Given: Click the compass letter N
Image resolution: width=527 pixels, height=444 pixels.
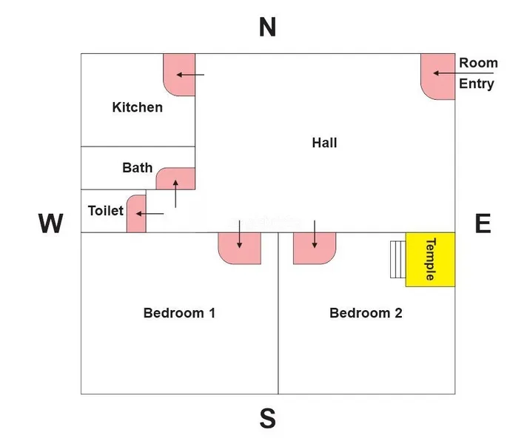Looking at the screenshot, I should pyautogui.click(x=267, y=27).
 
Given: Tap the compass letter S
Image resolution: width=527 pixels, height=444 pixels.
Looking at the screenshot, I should pyautogui.click(x=267, y=420).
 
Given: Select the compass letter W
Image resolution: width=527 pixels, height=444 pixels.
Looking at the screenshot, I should pyautogui.click(x=50, y=223).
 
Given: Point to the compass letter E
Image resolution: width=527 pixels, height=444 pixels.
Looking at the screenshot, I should pyautogui.click(x=483, y=223).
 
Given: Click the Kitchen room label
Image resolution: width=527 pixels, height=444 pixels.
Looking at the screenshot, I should pyautogui.click(x=137, y=107).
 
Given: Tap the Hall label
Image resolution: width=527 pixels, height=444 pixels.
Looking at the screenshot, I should pyautogui.click(x=324, y=143).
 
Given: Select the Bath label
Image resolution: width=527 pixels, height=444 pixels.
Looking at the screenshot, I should pyautogui.click(x=137, y=168).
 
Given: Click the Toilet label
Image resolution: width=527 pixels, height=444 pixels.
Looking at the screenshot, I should pyautogui.click(x=105, y=211).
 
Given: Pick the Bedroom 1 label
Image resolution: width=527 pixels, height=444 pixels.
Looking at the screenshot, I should pyautogui.click(x=179, y=313).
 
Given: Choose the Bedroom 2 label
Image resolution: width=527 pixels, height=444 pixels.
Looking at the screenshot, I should pyautogui.click(x=366, y=313).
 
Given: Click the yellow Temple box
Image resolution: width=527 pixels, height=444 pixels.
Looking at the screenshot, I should pyautogui.click(x=430, y=260).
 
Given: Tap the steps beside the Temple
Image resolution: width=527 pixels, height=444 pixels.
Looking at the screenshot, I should pyautogui.click(x=397, y=259).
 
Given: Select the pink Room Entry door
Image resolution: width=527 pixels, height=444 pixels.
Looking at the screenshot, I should pyautogui.click(x=438, y=75).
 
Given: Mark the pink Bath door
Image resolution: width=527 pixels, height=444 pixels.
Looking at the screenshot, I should pyautogui.click(x=176, y=180).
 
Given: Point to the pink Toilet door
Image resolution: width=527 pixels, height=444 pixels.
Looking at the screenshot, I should pyautogui.click(x=137, y=214).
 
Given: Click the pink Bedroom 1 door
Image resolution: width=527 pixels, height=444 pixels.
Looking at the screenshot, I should pyautogui.click(x=240, y=248).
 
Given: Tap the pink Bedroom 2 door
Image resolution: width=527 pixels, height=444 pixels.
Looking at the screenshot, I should pyautogui.click(x=315, y=247).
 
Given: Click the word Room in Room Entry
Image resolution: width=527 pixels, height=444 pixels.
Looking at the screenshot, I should pyautogui.click(x=478, y=63).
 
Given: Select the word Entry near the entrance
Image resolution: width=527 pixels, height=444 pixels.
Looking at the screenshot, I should pyautogui.click(x=477, y=84).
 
